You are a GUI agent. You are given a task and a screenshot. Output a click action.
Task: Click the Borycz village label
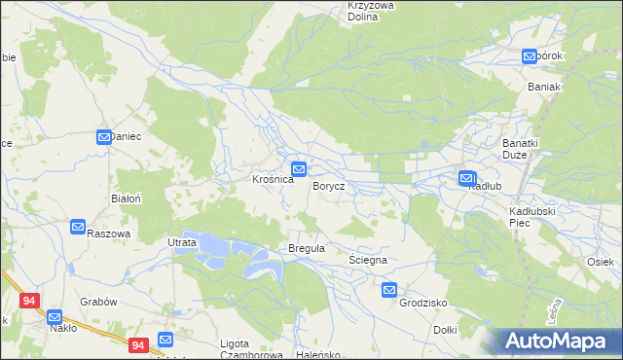point(328,186)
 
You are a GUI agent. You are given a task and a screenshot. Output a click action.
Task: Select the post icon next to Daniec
point(104,137)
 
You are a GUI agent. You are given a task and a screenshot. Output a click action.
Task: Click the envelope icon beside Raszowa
point(78,227)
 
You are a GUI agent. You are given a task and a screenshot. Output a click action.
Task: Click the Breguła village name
point(306,249)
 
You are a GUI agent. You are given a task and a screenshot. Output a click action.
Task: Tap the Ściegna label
point(368,261)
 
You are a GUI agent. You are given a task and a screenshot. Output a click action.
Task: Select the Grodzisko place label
point(422,303)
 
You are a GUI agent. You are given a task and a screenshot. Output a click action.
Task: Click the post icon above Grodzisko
point(389,289)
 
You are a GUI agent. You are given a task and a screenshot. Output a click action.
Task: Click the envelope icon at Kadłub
point(467,178)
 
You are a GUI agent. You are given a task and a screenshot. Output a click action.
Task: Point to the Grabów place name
point(98,302)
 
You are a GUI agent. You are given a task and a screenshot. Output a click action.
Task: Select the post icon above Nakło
point(55,316)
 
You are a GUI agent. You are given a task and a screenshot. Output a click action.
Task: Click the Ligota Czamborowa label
point(248,349)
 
